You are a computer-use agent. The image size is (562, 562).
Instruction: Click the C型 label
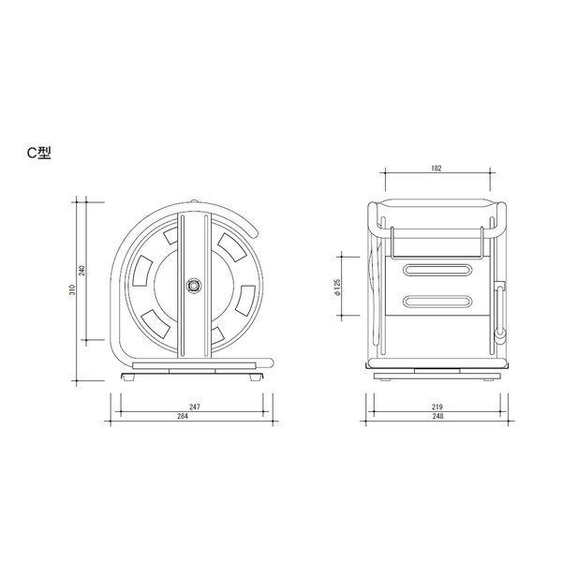pos(39,153)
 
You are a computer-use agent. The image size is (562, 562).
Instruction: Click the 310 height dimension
pos(73,289)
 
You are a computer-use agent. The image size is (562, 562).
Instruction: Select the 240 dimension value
pos(82,271)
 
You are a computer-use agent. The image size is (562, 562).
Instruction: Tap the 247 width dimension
pos(195,407)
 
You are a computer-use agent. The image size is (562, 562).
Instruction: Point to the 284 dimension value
pos(183,416)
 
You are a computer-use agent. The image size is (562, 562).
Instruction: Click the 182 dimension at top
pos(436,168)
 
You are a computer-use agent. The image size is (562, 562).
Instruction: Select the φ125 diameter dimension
pos(337,288)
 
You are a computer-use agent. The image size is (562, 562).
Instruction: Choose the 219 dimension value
pos(437,407)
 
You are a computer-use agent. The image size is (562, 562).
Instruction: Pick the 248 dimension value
pos(437,416)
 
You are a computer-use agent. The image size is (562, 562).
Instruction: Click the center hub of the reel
pos(194,286)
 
